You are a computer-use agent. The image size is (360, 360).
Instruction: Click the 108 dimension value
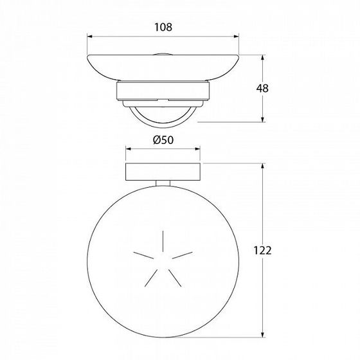click(x=163, y=27)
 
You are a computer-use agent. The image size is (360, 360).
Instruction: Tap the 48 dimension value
click(x=262, y=89)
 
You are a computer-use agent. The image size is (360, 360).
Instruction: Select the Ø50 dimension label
click(x=163, y=140)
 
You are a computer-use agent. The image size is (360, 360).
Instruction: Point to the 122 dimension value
click(x=262, y=250)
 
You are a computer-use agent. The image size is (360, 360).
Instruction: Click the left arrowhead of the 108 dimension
click(x=90, y=36)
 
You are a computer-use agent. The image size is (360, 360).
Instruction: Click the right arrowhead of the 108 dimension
click(x=237, y=36)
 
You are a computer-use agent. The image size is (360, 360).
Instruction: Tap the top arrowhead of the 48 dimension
click(x=263, y=58)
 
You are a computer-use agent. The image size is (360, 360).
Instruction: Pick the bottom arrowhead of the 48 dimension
click(x=263, y=119)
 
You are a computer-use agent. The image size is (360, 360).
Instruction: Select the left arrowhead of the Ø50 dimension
click(x=129, y=149)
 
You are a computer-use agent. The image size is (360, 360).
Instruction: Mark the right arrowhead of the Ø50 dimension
click(x=197, y=149)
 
